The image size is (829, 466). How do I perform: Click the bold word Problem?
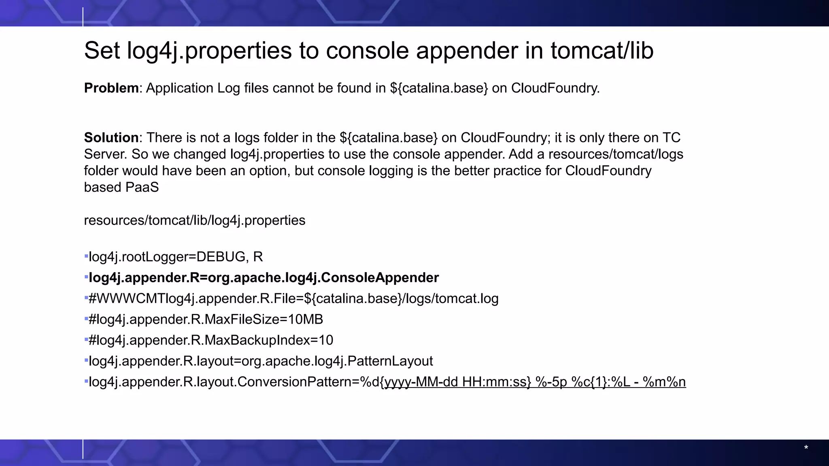(x=111, y=88)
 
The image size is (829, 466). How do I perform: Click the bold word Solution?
(x=111, y=138)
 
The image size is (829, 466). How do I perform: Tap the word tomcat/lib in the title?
(x=602, y=51)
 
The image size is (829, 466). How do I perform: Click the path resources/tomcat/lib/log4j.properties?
(x=194, y=220)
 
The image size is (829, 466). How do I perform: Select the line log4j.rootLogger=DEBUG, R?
(x=176, y=257)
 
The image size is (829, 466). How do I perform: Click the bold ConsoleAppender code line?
(x=264, y=278)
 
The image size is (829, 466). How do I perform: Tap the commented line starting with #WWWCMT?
(x=293, y=299)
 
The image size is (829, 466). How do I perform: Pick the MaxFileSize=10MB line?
(x=206, y=320)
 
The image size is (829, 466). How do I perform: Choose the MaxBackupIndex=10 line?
(x=210, y=340)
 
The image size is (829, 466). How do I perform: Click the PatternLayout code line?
(x=261, y=361)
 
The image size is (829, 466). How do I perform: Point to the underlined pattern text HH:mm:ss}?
(x=496, y=382)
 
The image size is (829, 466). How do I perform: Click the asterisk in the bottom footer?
(x=806, y=448)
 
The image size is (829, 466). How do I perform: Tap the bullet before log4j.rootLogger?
(x=86, y=256)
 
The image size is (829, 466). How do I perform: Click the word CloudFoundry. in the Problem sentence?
(x=555, y=88)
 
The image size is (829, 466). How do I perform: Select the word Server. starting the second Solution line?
(x=106, y=155)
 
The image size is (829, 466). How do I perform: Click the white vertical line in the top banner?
(x=83, y=17)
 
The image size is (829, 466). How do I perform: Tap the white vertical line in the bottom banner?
(x=83, y=449)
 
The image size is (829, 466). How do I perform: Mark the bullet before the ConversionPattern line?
(x=86, y=381)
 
